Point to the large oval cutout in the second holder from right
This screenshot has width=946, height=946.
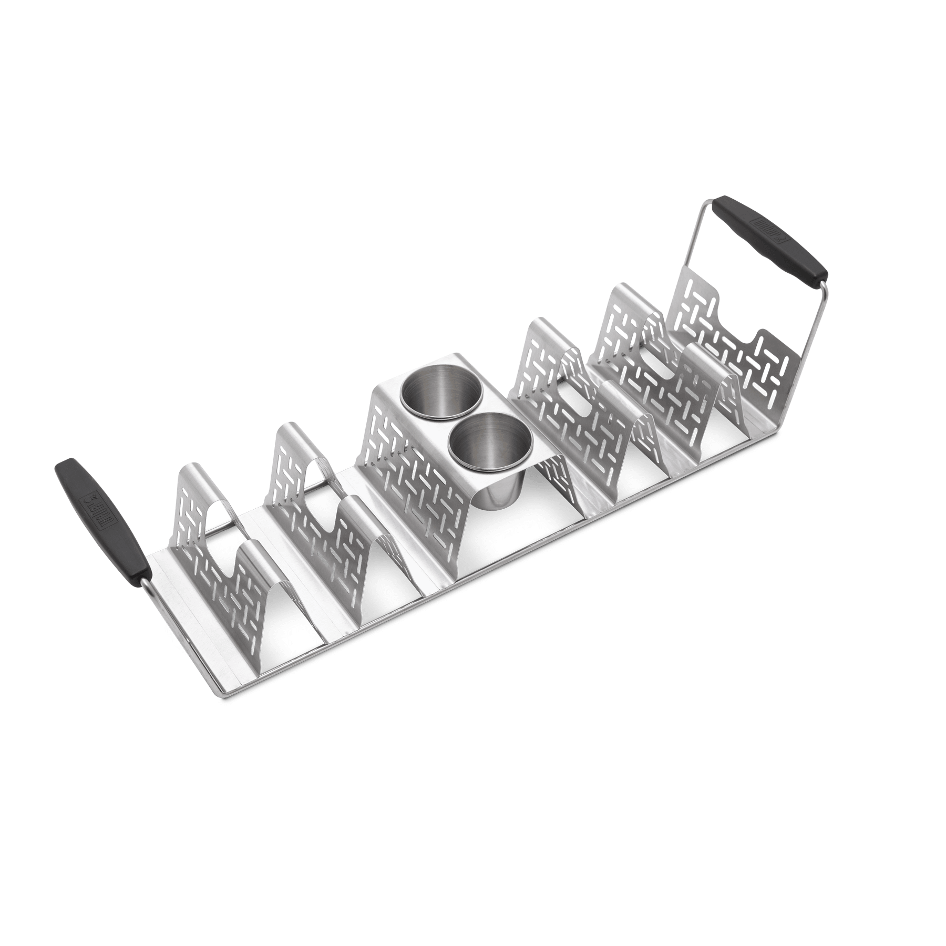pos(660,363)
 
